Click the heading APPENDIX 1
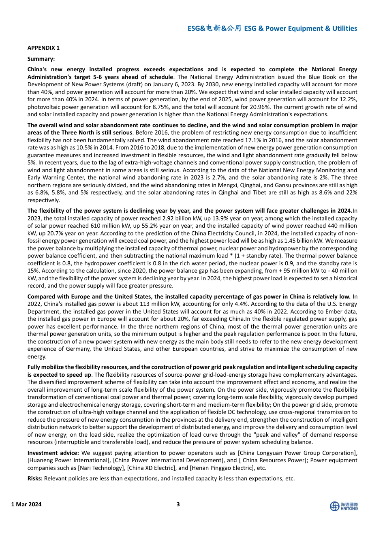tap(43, 48)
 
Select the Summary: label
tap(41, 59)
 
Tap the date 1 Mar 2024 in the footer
tap(26, 504)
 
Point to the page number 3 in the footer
tap(178, 504)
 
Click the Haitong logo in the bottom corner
tap(344, 506)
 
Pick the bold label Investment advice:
tap(53, 453)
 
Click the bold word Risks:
tap(35, 478)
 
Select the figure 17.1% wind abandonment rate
tap(247, 140)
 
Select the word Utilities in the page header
tap(344, 28)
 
